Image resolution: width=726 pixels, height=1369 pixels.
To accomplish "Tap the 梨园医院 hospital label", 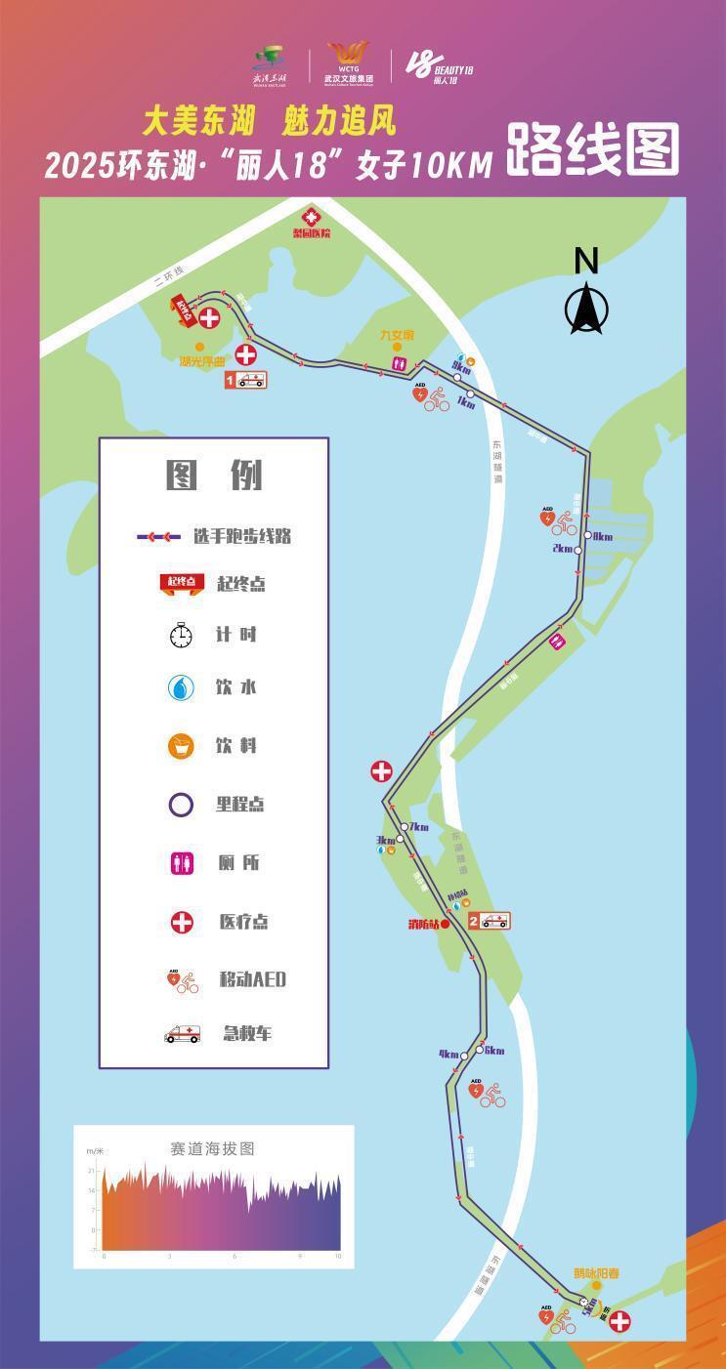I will [x=312, y=233].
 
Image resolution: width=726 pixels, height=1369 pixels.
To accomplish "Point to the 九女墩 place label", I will [x=397, y=335].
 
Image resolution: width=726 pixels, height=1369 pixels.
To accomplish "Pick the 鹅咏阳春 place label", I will [x=595, y=1273].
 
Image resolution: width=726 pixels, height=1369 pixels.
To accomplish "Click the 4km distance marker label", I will [x=448, y=1055].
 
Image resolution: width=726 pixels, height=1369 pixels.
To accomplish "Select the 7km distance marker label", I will [x=419, y=827].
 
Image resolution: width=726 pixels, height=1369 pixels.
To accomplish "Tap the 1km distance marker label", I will [x=465, y=404].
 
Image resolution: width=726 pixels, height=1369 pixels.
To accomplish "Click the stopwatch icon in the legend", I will [x=181, y=636].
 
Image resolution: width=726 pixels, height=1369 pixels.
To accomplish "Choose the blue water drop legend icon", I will [x=181, y=688].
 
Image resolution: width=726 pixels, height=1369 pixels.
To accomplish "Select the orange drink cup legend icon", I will [x=181, y=747].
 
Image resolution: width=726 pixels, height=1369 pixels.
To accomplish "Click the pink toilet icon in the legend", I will [x=181, y=863].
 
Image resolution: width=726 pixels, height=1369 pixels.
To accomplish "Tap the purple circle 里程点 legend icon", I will [x=181, y=805].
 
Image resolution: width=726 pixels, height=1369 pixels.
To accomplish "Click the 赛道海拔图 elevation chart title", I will [x=212, y=1149].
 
